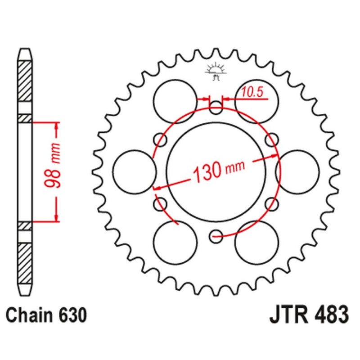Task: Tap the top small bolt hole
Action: [216, 108]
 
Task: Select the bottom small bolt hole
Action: [216, 234]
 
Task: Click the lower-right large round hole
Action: [256, 242]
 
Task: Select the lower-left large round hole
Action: [175, 242]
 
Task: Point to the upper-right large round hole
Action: [256, 100]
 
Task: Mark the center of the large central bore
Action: [216, 171]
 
